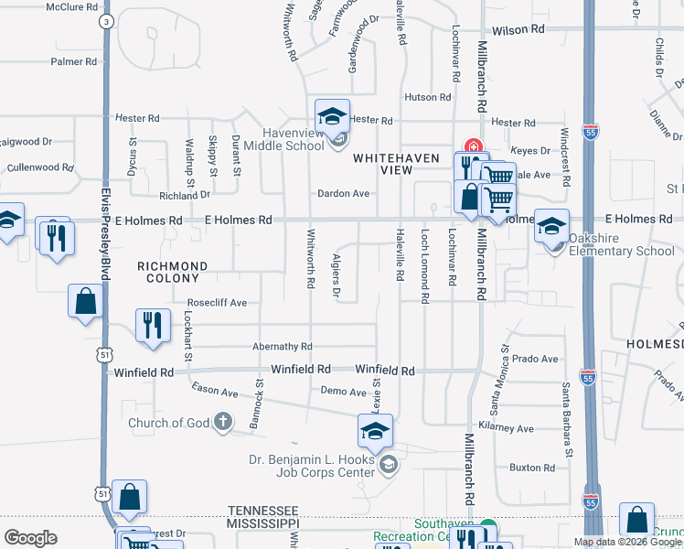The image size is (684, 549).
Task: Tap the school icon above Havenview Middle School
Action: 333,116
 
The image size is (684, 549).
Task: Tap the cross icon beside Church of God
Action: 222,423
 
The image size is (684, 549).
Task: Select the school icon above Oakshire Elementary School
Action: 552,225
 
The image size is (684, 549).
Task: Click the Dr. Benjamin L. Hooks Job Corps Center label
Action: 313,465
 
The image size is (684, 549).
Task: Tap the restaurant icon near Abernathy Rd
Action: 153,325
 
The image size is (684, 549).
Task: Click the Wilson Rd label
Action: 518,30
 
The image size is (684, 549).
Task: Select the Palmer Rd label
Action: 74,62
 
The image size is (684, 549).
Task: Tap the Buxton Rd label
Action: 532,468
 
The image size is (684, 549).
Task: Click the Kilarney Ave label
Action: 512,428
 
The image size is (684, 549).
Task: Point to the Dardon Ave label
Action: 343,194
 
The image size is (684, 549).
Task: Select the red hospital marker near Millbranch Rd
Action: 473,146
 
